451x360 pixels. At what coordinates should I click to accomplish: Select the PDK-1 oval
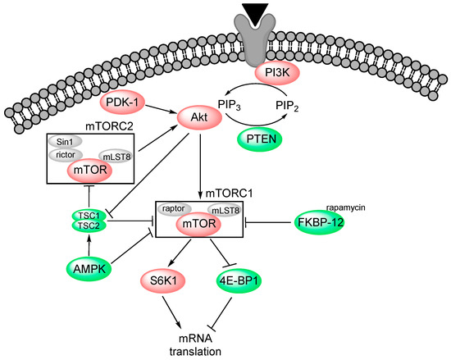tap(123, 105)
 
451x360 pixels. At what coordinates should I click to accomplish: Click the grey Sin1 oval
tap(66, 142)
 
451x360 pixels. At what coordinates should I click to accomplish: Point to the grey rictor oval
tap(66, 154)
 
